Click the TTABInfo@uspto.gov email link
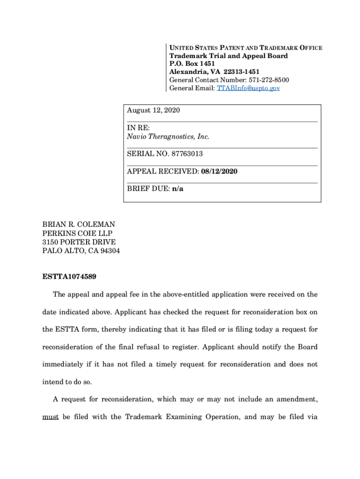248,88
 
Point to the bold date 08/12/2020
219,172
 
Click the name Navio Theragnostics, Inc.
168,137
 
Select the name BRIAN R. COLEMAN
79,225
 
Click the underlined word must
50,417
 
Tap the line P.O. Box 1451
189,64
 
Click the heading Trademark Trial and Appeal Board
228,56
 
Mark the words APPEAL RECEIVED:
163,172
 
